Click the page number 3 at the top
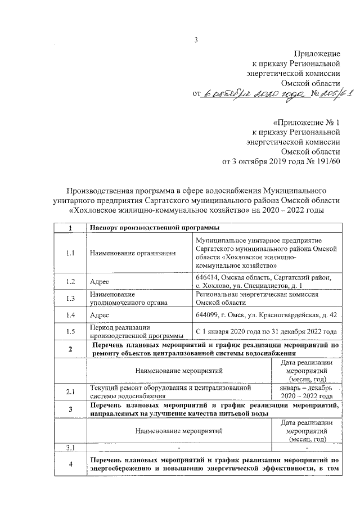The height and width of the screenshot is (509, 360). click(x=196, y=39)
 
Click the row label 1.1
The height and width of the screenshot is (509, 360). click(x=70, y=253)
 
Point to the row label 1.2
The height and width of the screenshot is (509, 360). click(x=70, y=281)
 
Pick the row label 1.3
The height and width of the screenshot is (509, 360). click(x=70, y=298)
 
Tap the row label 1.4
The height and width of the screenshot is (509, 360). click(x=70, y=315)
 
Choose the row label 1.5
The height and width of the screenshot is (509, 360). click(x=70, y=332)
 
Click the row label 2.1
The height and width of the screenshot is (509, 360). click(x=70, y=391)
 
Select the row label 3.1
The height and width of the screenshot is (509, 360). click(x=70, y=448)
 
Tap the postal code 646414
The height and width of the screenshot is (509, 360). click(x=207, y=277)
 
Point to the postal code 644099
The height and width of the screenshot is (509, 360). click(x=207, y=315)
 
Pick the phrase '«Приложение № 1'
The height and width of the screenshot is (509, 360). click(x=307, y=122)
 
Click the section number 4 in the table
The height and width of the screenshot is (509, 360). click(x=70, y=464)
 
